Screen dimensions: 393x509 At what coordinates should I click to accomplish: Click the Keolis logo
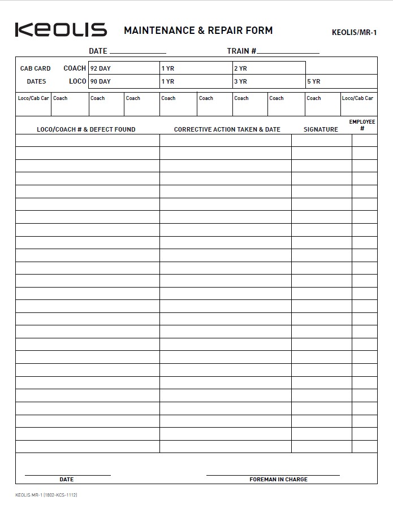point(61,30)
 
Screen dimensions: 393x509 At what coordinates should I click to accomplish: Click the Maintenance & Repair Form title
point(198,31)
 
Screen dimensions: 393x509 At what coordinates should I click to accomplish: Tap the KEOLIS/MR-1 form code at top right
point(354,32)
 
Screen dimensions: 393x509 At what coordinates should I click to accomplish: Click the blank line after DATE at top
point(137,51)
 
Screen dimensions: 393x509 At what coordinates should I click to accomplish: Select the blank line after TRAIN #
point(288,51)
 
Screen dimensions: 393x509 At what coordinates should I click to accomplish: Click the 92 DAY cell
point(124,68)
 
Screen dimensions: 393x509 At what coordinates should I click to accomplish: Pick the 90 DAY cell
point(124,81)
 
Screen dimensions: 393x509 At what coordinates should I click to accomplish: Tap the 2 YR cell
point(269,68)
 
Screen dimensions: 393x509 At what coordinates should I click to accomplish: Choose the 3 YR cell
point(269,81)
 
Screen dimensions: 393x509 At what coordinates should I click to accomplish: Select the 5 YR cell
point(341,81)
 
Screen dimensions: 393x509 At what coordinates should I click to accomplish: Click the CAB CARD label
point(36,68)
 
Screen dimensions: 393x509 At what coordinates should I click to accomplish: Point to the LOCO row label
point(77,81)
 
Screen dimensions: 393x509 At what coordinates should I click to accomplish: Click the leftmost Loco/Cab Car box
point(33,105)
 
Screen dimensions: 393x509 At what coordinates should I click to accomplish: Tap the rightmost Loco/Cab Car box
point(359,105)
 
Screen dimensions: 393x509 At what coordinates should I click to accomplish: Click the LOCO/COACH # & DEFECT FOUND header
point(86,129)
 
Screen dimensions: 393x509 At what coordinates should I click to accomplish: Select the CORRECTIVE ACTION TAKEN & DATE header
point(227,129)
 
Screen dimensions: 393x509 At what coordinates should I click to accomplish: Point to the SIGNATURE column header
point(321,129)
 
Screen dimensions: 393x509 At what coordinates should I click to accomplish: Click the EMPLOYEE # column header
point(362,125)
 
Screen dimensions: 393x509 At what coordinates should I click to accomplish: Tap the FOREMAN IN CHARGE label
point(278,480)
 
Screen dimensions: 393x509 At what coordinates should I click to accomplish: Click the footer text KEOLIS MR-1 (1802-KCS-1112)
point(46,495)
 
